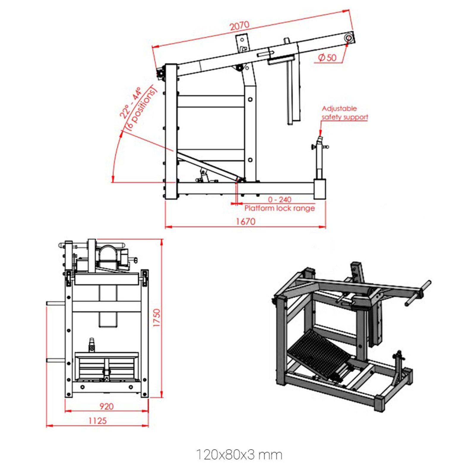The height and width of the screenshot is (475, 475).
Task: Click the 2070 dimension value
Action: [239, 26]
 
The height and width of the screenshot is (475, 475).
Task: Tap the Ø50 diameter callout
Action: [327, 58]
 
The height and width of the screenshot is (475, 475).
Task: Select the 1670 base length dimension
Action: [246, 221]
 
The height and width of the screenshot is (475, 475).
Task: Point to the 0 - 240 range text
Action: [279, 199]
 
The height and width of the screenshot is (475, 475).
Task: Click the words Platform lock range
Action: [279, 208]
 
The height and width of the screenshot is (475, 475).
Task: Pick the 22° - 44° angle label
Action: [130, 103]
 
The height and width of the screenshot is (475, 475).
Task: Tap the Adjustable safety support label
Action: [344, 113]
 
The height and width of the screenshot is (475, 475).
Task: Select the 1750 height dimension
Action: [156, 318]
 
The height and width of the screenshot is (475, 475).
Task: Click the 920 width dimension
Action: [106, 406]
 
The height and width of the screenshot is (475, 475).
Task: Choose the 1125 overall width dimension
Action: [97, 421]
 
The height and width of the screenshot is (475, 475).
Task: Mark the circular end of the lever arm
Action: [349, 38]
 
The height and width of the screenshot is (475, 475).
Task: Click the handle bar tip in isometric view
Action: [428, 283]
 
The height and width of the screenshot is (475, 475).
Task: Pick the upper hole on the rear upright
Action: [250, 99]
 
